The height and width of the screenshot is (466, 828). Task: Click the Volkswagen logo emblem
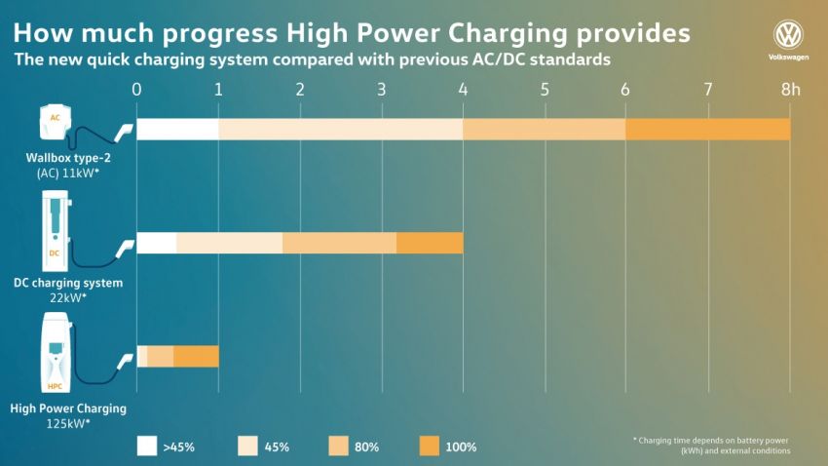point(788,36)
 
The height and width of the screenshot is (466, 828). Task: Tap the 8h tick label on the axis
point(790,90)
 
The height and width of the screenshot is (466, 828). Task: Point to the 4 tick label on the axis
point(463,90)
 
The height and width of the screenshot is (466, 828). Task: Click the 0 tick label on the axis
point(137,90)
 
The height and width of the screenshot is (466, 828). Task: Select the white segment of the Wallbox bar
point(177,130)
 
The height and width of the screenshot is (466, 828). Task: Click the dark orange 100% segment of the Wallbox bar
point(707,130)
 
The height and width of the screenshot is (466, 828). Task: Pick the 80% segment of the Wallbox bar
point(544,130)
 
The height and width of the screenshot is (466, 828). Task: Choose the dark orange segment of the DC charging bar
point(430,243)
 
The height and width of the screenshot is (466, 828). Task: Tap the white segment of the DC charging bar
point(157,243)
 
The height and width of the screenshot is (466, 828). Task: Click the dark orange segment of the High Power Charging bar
point(196,356)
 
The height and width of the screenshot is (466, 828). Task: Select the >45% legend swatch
point(147,446)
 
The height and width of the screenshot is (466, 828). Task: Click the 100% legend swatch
point(430,446)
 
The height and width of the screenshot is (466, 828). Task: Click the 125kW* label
point(67,424)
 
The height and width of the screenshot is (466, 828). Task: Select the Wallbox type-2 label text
point(68,157)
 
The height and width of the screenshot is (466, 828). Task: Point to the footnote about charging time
point(711,446)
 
